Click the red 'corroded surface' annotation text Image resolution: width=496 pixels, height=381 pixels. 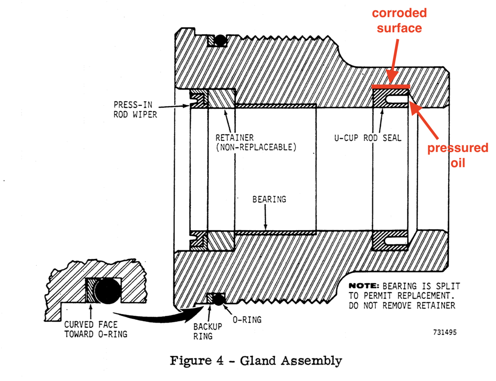tap(399, 21)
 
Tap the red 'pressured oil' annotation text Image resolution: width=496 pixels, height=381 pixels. tap(457, 155)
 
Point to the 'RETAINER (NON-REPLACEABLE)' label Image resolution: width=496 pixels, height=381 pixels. tap(256, 142)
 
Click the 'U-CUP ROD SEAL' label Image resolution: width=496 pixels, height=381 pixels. tap(368, 138)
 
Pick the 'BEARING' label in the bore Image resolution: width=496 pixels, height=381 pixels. tap(269, 199)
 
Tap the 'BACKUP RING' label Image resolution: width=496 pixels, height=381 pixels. tap(207, 331)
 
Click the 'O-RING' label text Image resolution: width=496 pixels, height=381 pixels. tap(247, 320)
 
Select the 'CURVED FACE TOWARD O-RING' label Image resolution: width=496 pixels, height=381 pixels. tap(95, 329)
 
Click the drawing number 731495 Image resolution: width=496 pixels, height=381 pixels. tap(444, 332)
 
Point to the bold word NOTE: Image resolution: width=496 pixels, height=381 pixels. tap(363, 286)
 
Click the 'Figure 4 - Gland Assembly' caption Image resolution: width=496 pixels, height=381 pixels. tap(256, 361)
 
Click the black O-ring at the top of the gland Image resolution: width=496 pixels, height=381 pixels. tap(220, 40)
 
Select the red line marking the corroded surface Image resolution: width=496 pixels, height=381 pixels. tap(390, 86)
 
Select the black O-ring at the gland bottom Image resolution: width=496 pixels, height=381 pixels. tap(218, 299)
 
